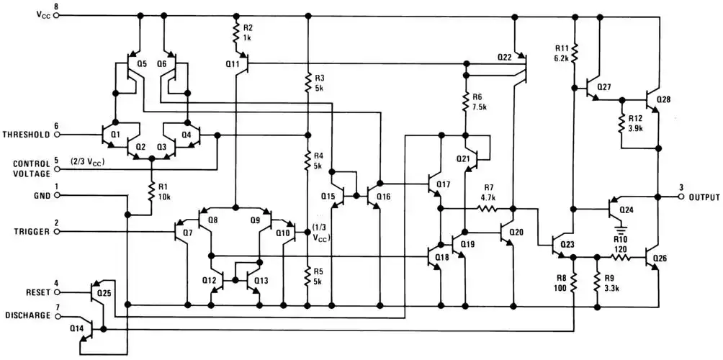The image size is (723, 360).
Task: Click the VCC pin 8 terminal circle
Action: point(56,14)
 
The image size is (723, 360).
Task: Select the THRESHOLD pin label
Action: point(26,135)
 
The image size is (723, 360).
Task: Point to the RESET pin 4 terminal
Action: point(56,292)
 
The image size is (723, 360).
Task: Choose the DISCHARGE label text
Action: point(27,315)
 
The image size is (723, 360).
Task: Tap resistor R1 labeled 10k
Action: point(152,192)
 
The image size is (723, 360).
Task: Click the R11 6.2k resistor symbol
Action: point(574,52)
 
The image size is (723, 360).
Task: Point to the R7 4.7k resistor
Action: point(488,209)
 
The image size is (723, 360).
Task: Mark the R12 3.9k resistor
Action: point(621,122)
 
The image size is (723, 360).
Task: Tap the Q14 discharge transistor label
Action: point(77,328)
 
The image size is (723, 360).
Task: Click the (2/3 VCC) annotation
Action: point(89,162)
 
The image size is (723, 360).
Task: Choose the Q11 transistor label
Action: point(232,64)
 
